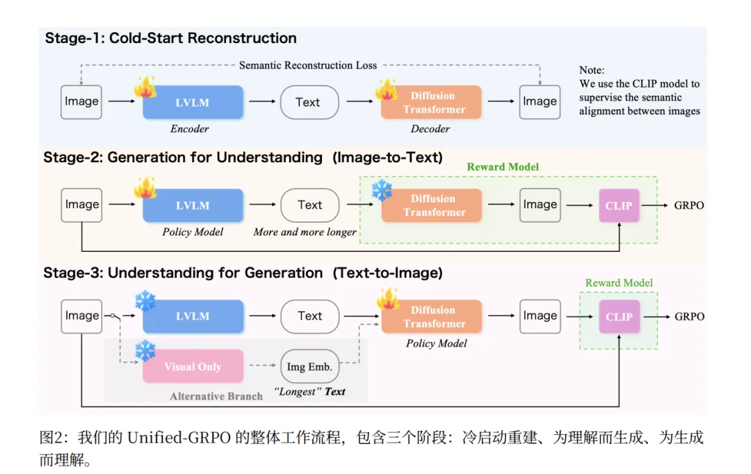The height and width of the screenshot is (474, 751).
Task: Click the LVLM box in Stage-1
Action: pyautogui.click(x=193, y=102)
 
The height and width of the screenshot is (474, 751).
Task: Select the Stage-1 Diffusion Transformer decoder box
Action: pyautogui.click(x=431, y=102)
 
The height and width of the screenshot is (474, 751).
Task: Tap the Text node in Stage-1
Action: pyautogui.click(x=309, y=102)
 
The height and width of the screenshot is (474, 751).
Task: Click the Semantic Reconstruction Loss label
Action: pyautogui.click(x=308, y=65)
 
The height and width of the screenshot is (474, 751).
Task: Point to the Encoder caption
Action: pyautogui.click(x=190, y=129)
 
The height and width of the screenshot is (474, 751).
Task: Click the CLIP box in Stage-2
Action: pyautogui.click(x=619, y=205)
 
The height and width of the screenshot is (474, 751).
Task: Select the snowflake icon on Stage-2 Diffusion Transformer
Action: pyautogui.click(x=382, y=190)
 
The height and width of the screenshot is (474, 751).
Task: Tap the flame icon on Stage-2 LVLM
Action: pyautogui.click(x=145, y=188)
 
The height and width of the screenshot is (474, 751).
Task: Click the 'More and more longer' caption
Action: pyautogui.click(x=305, y=232)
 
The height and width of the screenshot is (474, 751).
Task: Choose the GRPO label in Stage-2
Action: pyautogui.click(x=688, y=205)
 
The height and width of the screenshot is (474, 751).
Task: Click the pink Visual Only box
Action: pyautogui.click(x=193, y=366)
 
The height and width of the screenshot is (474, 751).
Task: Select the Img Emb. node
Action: pyautogui.click(x=309, y=367)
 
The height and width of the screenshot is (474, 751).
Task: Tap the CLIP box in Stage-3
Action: pyautogui.click(x=620, y=317)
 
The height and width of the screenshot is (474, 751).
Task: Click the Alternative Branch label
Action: pyautogui.click(x=216, y=396)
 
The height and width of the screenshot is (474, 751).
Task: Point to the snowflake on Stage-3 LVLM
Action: pyautogui.click(x=145, y=301)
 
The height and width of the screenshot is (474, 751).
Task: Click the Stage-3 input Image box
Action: pyautogui.click(x=81, y=316)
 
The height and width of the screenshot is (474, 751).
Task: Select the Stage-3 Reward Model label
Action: pyautogui.click(x=619, y=283)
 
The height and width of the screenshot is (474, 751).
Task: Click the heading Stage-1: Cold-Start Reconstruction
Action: pyautogui.click(x=170, y=38)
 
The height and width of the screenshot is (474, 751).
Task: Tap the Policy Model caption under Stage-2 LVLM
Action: pyautogui.click(x=193, y=232)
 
